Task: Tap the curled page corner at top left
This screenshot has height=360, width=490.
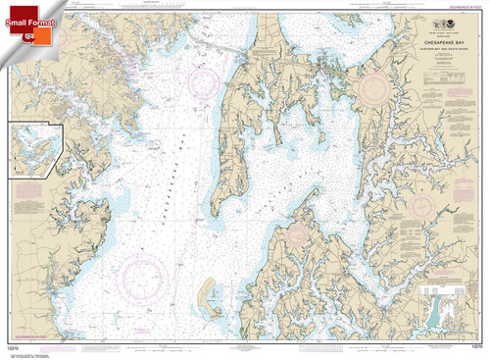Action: (x=8, y=8)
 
